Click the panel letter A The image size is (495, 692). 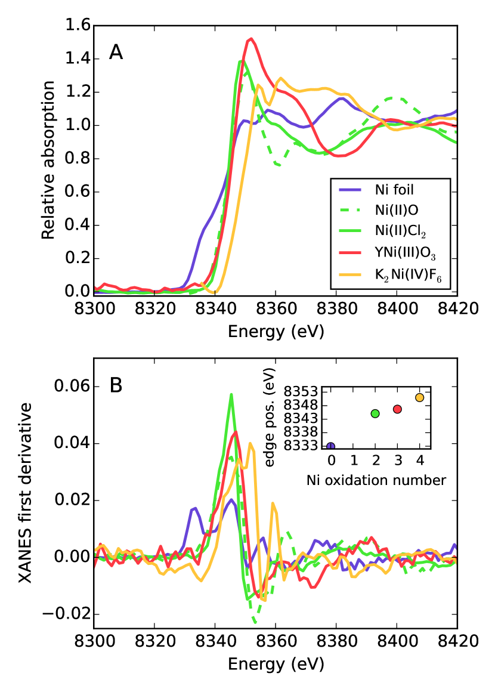tap(116, 53)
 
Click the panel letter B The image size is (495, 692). tap(116, 385)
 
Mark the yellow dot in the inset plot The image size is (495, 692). tap(419, 397)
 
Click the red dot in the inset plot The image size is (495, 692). tap(397, 409)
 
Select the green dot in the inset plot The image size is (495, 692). tap(375, 413)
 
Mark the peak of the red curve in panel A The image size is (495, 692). tap(251, 39)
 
